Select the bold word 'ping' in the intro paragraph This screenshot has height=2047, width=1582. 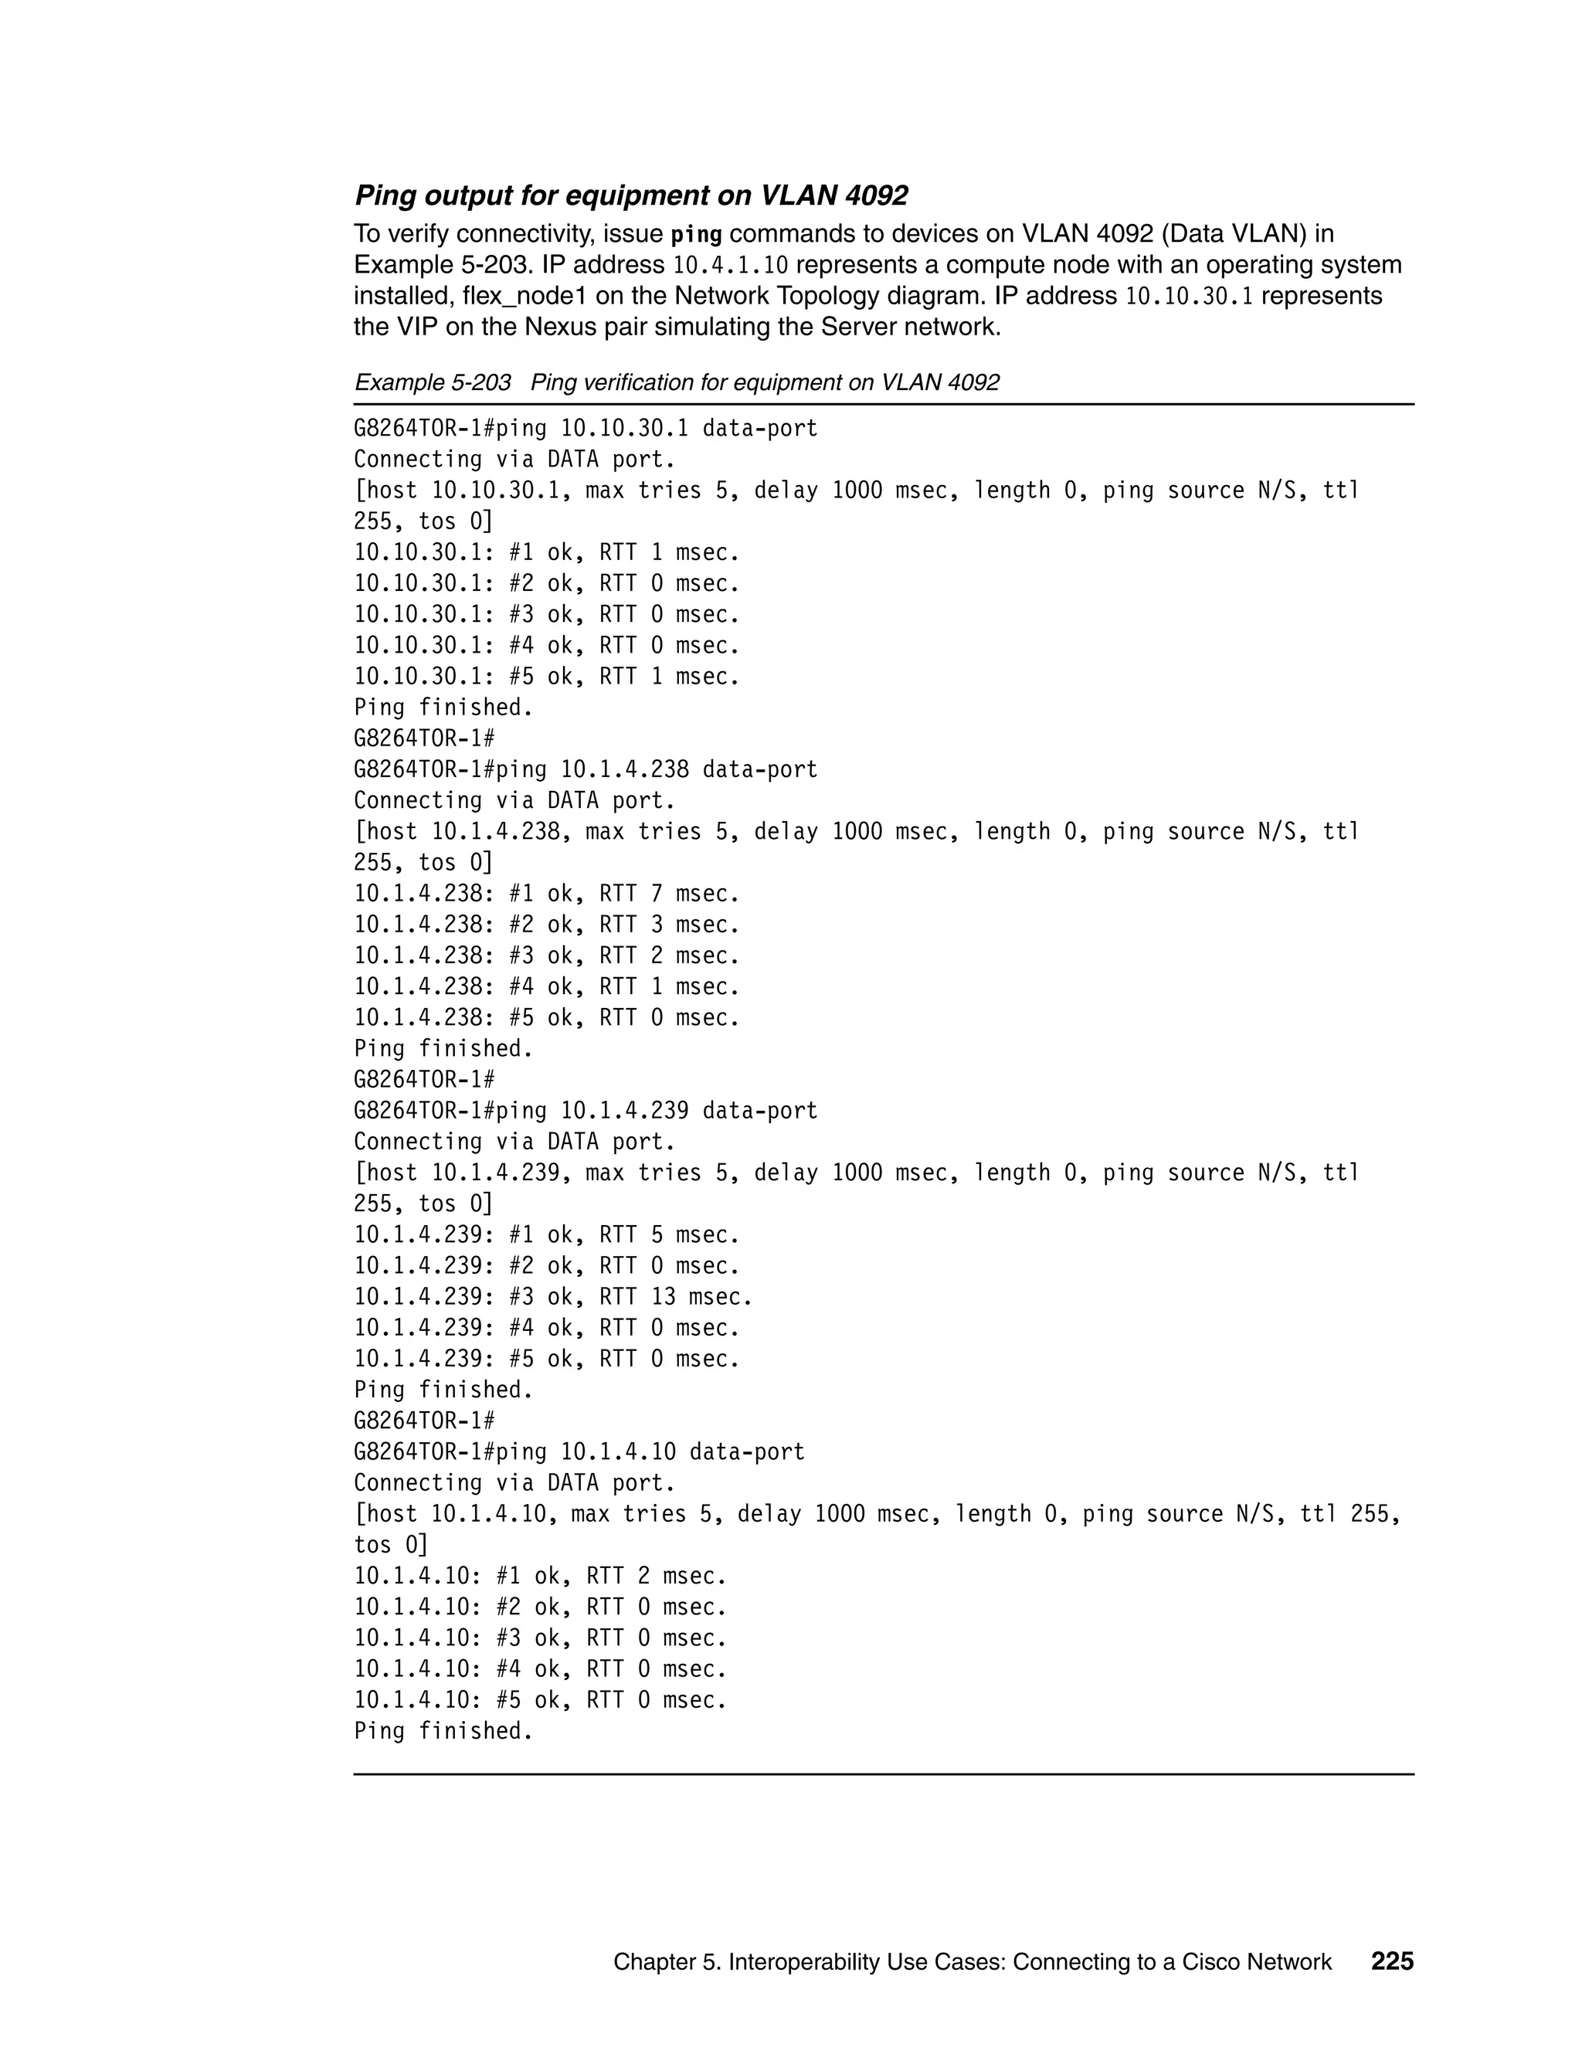[x=696, y=233]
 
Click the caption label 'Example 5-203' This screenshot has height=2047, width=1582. [x=432, y=382]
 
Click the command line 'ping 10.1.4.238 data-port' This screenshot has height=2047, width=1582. [x=585, y=769]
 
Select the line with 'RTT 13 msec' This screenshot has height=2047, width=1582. [x=553, y=1296]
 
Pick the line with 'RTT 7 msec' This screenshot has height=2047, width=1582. [x=546, y=893]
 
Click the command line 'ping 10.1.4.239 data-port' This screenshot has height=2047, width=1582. [x=585, y=1111]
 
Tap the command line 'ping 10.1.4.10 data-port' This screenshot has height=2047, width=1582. [x=579, y=1452]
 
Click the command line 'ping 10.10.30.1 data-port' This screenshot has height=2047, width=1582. [x=585, y=429]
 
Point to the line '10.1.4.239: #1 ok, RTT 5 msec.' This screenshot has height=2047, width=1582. [x=546, y=1234]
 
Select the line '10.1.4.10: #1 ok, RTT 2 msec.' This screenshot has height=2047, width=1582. [x=540, y=1576]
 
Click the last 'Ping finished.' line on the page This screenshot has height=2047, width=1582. [x=443, y=1730]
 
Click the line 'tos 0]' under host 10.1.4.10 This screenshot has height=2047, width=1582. [x=390, y=1545]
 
